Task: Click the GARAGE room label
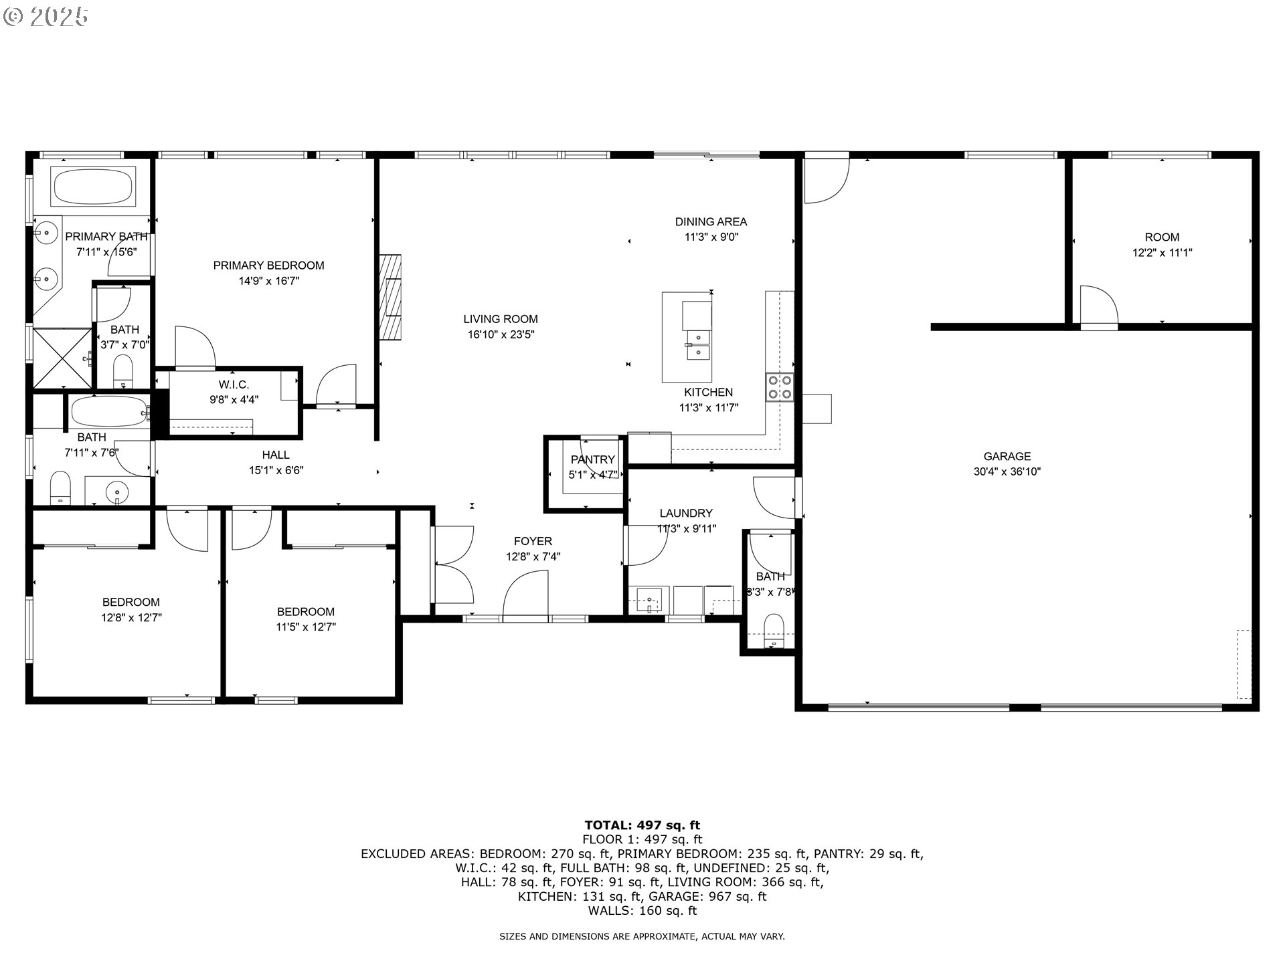pyautogui.click(x=1007, y=456)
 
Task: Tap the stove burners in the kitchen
pyautogui.click(x=780, y=387)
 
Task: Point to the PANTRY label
pyautogui.click(x=592, y=459)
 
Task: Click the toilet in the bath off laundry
pyautogui.click(x=773, y=631)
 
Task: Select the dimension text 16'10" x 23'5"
pyautogui.click(x=501, y=335)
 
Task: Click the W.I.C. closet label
pyautogui.click(x=234, y=385)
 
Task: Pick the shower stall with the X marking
pyautogui.click(x=62, y=358)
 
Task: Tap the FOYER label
pyautogui.click(x=533, y=541)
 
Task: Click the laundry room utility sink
pyautogui.click(x=649, y=600)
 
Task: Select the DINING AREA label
pyautogui.click(x=711, y=221)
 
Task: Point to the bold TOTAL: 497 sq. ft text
pyautogui.click(x=642, y=825)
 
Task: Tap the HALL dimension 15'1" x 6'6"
pyautogui.click(x=276, y=470)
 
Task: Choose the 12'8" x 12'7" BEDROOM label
pyautogui.click(x=131, y=602)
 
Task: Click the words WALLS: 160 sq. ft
pyautogui.click(x=642, y=911)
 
